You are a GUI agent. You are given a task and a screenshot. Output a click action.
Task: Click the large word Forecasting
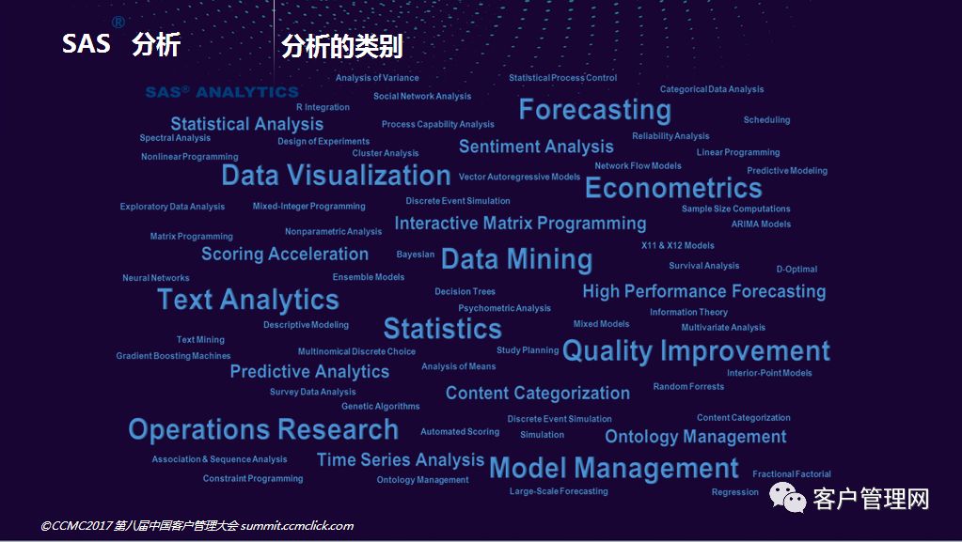pyautogui.click(x=594, y=110)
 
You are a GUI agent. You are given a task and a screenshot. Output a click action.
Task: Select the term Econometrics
pyautogui.click(x=673, y=188)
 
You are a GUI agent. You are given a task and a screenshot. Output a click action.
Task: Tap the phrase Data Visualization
pyautogui.click(x=337, y=176)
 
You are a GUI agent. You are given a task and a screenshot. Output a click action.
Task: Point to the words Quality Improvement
pyautogui.click(x=697, y=351)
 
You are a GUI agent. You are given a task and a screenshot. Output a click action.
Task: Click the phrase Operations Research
pyautogui.click(x=264, y=429)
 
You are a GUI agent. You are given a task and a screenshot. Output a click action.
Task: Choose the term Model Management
pyautogui.click(x=614, y=469)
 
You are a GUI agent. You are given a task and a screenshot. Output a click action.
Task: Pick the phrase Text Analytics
pyautogui.click(x=248, y=300)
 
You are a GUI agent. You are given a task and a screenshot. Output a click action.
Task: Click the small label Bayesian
pyautogui.click(x=416, y=255)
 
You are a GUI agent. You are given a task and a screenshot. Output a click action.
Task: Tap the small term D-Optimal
pyautogui.click(x=796, y=270)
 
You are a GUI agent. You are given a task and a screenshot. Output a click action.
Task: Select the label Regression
pyautogui.click(x=735, y=491)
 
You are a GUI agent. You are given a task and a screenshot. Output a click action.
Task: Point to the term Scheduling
pyautogui.click(x=767, y=120)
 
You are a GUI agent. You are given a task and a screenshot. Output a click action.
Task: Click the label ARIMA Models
pyautogui.click(x=761, y=224)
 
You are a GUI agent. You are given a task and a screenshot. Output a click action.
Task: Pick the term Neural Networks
pyautogui.click(x=156, y=278)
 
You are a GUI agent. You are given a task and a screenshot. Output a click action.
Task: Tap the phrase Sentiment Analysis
pyautogui.click(x=536, y=147)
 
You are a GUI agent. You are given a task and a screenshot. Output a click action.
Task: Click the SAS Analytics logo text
pyautogui.click(x=222, y=92)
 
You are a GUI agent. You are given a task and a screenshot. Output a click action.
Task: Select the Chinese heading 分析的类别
pyautogui.click(x=341, y=47)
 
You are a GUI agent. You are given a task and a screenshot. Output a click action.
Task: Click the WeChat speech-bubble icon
pyautogui.click(x=788, y=497)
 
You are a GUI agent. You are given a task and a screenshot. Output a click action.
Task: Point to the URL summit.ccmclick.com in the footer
pyautogui.click(x=297, y=525)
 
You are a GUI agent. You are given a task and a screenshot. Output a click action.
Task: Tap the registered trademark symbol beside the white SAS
pyautogui.click(x=118, y=22)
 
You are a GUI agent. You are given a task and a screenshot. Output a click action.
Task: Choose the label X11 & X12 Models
pyautogui.click(x=678, y=245)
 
